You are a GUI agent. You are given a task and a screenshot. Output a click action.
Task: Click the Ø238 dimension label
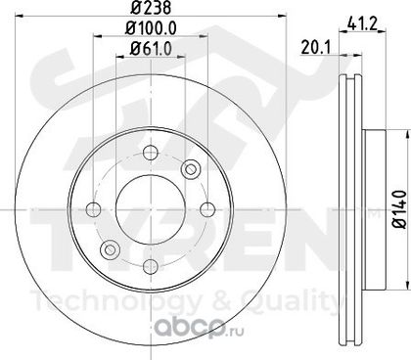[x=151, y=7]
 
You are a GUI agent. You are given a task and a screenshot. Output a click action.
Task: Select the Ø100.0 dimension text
[x=151, y=28]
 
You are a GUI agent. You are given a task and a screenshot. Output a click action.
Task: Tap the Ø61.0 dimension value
[x=151, y=49]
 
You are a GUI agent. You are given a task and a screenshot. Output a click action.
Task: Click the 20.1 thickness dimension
[x=316, y=48]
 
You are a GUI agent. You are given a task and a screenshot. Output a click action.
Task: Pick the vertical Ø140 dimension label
[x=399, y=209]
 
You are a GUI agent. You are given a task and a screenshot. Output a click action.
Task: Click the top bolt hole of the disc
[x=151, y=153]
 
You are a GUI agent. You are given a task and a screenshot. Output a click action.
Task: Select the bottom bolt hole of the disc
[x=151, y=267]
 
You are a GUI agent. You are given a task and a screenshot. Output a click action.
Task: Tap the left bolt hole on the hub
[x=93, y=209]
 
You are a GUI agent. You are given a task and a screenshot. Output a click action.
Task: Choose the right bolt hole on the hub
[x=207, y=209]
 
